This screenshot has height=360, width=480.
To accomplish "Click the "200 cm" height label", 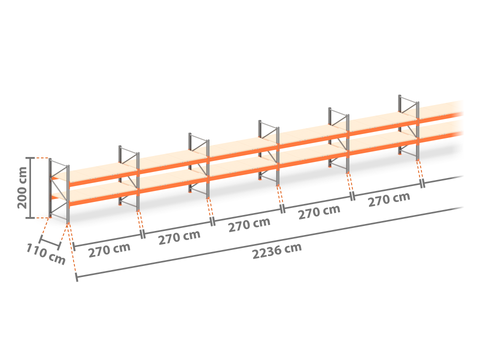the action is pyautogui.click(x=22, y=188).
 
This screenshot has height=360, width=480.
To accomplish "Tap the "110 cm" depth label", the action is pyautogui.click(x=46, y=254).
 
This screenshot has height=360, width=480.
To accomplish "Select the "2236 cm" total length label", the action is pyautogui.click(x=277, y=251).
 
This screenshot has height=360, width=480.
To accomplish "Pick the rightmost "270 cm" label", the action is pyautogui.click(x=389, y=199).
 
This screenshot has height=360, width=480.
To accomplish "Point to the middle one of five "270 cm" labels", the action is pyautogui.click(x=249, y=225).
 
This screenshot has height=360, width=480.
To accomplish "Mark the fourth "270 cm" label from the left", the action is pyautogui.click(x=319, y=212).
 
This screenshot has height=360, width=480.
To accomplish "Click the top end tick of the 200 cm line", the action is pyautogui.click(x=30, y=158).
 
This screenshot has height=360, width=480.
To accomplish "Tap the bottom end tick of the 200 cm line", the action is pyautogui.click(x=30, y=218).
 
